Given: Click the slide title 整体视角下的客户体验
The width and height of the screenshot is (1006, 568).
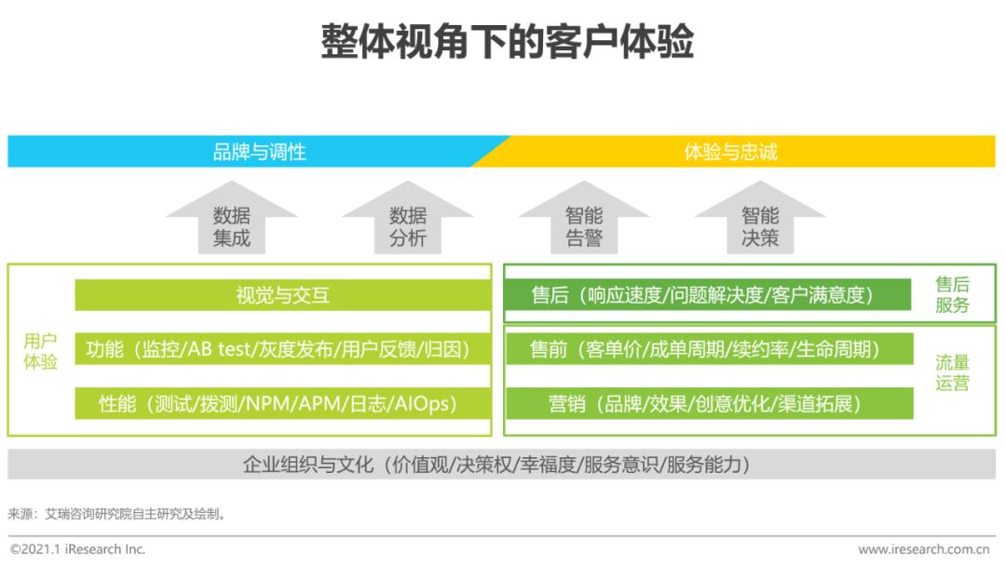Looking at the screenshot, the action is (x=507, y=42).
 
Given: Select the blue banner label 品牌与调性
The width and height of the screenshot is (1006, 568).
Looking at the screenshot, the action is (x=259, y=152).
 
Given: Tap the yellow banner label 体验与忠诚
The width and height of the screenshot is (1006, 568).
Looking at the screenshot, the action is (x=731, y=152).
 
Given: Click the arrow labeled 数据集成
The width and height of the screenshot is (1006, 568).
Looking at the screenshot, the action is (x=232, y=217).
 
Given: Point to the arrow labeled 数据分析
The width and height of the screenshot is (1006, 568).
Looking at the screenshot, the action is (x=408, y=217).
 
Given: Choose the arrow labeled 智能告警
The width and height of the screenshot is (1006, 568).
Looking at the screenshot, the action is (x=584, y=217).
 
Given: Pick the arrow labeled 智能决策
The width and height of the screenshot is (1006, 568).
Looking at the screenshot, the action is (x=760, y=217).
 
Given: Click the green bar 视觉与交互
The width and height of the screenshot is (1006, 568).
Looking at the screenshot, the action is (x=283, y=295).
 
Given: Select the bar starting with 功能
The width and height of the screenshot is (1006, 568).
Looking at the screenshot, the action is (x=283, y=349).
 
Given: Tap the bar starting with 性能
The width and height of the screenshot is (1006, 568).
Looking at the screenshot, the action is (x=283, y=404).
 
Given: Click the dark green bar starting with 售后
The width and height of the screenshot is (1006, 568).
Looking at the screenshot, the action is (x=708, y=295).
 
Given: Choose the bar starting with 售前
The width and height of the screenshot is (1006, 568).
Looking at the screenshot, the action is (x=710, y=349).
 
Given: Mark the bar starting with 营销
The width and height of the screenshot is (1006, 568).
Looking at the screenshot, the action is (x=710, y=404).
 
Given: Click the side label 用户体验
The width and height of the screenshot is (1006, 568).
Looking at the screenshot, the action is (x=40, y=351).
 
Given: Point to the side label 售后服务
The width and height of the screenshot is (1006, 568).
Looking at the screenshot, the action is (x=952, y=295).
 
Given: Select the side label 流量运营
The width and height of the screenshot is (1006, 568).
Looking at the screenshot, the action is (x=952, y=372).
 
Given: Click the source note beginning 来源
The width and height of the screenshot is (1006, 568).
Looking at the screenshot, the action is (x=116, y=514).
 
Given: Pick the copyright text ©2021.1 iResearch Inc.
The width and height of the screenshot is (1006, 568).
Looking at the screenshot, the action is (x=77, y=549).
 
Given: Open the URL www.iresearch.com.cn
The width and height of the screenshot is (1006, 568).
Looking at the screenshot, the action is (x=924, y=549).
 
